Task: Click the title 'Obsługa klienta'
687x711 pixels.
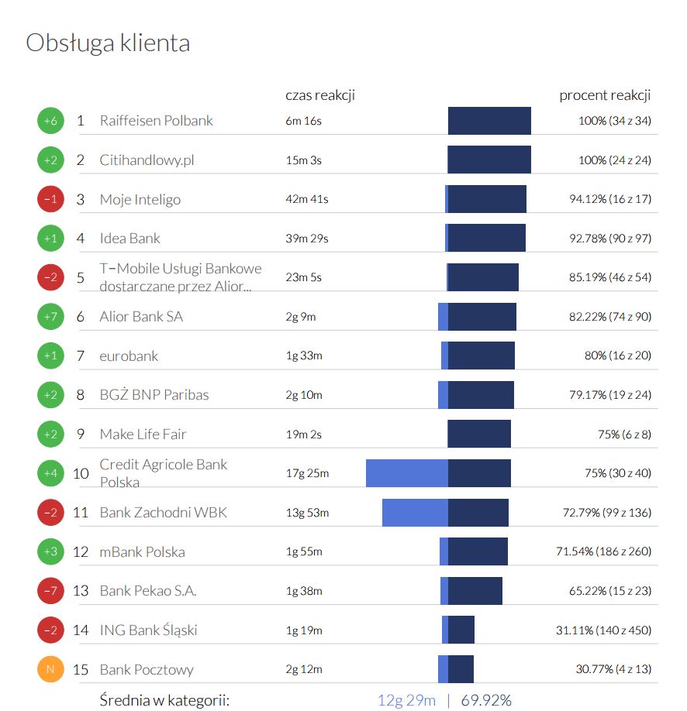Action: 108,43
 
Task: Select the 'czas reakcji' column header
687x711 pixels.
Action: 319,95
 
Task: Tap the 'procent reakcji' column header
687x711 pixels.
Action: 605,95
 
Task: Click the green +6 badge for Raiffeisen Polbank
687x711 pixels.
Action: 50,121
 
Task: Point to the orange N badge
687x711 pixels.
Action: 50,669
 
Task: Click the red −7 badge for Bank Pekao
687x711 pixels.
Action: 50,591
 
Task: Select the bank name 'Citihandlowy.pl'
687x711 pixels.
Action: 147,160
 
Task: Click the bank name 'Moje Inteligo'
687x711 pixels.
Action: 140,199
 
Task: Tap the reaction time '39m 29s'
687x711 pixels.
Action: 306,239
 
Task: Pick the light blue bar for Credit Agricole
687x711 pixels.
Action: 406,473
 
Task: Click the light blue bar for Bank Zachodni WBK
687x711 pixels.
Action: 415,513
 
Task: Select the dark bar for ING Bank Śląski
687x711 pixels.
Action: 461,630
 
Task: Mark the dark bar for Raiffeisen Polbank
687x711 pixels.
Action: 489,121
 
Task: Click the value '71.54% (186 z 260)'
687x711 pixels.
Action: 603,552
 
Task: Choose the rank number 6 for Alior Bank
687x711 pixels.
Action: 81,317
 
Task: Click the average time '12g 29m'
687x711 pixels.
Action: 406,700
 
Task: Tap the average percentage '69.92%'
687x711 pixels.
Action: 486,700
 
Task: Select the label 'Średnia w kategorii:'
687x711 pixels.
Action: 164,700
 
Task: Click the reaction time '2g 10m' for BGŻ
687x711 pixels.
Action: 304,395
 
